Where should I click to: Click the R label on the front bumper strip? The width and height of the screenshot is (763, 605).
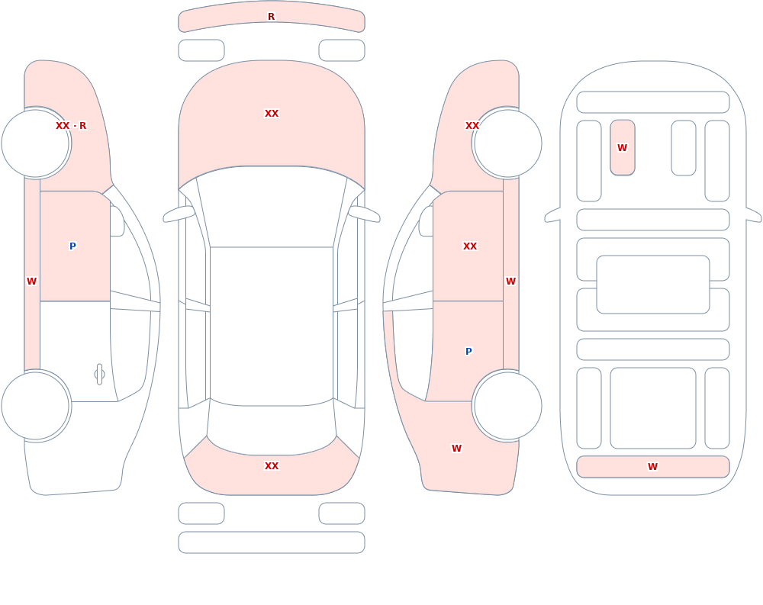(271, 17)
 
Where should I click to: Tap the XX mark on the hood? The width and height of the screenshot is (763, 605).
(272, 114)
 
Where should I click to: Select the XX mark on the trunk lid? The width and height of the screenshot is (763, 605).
(272, 466)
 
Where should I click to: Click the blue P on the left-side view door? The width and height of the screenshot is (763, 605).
(72, 246)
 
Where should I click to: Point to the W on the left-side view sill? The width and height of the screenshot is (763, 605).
(31, 281)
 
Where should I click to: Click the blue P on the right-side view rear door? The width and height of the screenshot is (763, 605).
(468, 351)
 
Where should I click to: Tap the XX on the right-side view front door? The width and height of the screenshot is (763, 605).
(470, 246)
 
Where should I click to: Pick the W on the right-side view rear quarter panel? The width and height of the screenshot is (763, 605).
(456, 449)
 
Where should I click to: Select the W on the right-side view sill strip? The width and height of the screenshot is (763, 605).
(510, 281)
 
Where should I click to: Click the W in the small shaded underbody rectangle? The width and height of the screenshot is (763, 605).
(623, 147)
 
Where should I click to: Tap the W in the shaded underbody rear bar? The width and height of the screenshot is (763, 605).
(652, 466)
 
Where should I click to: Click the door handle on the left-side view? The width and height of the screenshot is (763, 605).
(99, 375)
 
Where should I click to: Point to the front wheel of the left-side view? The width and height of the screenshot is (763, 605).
(36, 143)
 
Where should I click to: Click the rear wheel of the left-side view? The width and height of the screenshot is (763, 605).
(36, 405)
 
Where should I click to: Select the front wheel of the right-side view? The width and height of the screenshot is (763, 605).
(507, 143)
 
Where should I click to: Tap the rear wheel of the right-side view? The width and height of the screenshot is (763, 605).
(507, 405)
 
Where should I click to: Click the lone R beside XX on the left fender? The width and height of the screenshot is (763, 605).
(82, 126)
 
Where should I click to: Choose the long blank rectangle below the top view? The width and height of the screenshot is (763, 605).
(272, 542)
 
